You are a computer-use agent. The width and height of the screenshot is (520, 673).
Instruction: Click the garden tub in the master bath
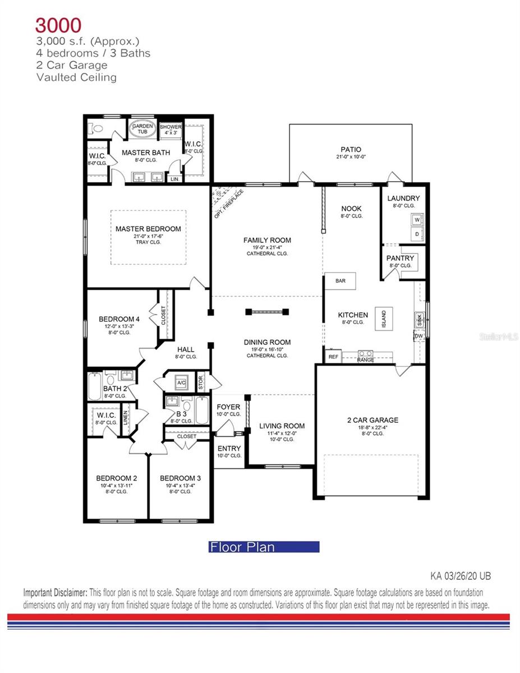click(142, 130)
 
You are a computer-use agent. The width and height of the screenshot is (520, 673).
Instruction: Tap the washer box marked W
click(417, 220)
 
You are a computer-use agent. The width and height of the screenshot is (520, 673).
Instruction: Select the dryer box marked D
click(417, 233)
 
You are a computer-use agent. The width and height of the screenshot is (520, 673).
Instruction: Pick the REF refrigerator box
click(333, 357)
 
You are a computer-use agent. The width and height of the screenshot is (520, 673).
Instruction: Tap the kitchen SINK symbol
click(420, 319)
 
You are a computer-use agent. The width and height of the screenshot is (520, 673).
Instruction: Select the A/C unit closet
click(181, 384)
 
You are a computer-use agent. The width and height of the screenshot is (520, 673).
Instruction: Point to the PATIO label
click(351, 150)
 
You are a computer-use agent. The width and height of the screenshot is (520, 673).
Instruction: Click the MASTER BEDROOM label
click(148, 229)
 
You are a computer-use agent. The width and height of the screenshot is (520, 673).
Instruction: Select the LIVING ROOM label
click(282, 426)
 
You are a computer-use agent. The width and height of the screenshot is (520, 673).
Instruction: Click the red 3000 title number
click(58, 25)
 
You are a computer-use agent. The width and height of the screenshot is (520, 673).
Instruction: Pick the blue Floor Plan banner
click(264, 547)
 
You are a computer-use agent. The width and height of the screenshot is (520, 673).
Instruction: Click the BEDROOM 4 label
click(119, 319)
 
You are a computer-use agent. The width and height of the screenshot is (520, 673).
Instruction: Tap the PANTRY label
click(399, 258)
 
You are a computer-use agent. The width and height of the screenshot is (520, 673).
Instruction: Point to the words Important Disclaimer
click(55, 593)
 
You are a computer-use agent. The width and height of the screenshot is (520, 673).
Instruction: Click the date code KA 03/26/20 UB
click(461, 576)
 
